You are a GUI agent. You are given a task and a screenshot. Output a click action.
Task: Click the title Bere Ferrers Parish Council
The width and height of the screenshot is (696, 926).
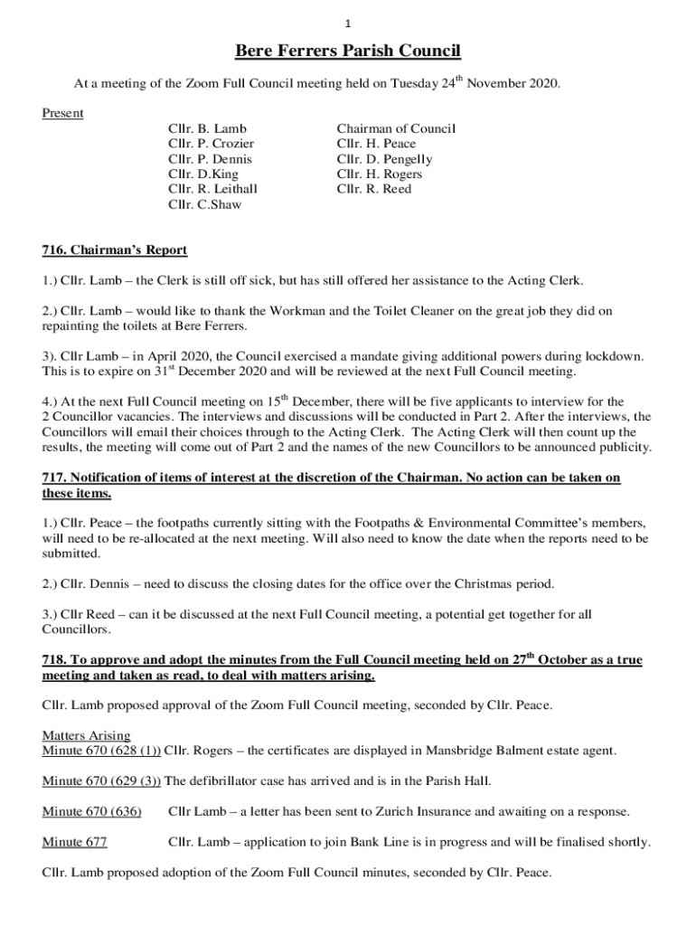348,51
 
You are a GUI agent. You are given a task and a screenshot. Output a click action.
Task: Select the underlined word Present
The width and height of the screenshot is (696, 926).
63,113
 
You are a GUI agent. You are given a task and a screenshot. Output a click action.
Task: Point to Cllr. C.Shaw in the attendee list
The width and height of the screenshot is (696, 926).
205,204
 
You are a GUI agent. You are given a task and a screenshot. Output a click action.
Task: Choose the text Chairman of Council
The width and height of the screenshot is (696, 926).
396,128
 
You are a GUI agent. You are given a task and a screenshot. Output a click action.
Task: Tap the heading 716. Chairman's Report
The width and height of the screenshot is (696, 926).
115,250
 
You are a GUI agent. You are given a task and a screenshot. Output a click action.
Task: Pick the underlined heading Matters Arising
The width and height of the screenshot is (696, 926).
87,735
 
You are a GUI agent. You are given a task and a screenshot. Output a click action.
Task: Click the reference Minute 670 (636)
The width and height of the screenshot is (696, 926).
92,811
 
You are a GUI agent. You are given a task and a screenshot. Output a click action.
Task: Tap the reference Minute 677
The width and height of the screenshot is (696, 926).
75,842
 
